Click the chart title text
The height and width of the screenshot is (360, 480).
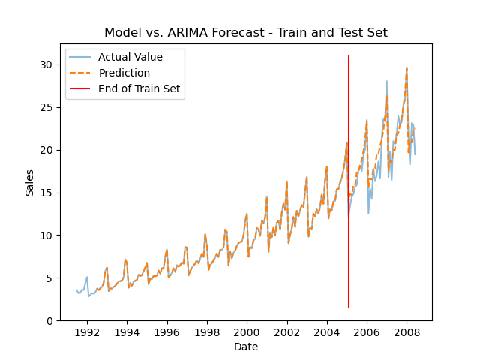coord(245,33)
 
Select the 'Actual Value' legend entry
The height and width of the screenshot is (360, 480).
coord(130,57)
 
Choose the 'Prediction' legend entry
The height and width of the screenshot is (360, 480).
coord(124,73)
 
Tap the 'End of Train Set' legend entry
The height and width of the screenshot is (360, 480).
coord(140,88)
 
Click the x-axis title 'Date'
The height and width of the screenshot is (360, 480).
coord(245,346)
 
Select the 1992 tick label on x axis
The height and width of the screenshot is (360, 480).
coord(87,331)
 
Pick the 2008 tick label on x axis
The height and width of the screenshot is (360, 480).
coord(406,331)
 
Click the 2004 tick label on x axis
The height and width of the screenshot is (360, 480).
coord(327,331)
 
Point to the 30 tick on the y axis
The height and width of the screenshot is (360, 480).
coord(47,64)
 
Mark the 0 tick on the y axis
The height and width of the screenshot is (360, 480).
coord(50,320)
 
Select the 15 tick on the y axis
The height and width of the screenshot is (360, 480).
coord(47,193)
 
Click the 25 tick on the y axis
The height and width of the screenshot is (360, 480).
coord(47,107)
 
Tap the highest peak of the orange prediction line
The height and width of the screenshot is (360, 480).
coord(406,67)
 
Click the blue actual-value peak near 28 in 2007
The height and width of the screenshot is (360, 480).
coord(387,81)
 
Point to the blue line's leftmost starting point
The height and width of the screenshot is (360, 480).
coord(76,289)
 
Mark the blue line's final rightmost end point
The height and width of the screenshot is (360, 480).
coord(415,155)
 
